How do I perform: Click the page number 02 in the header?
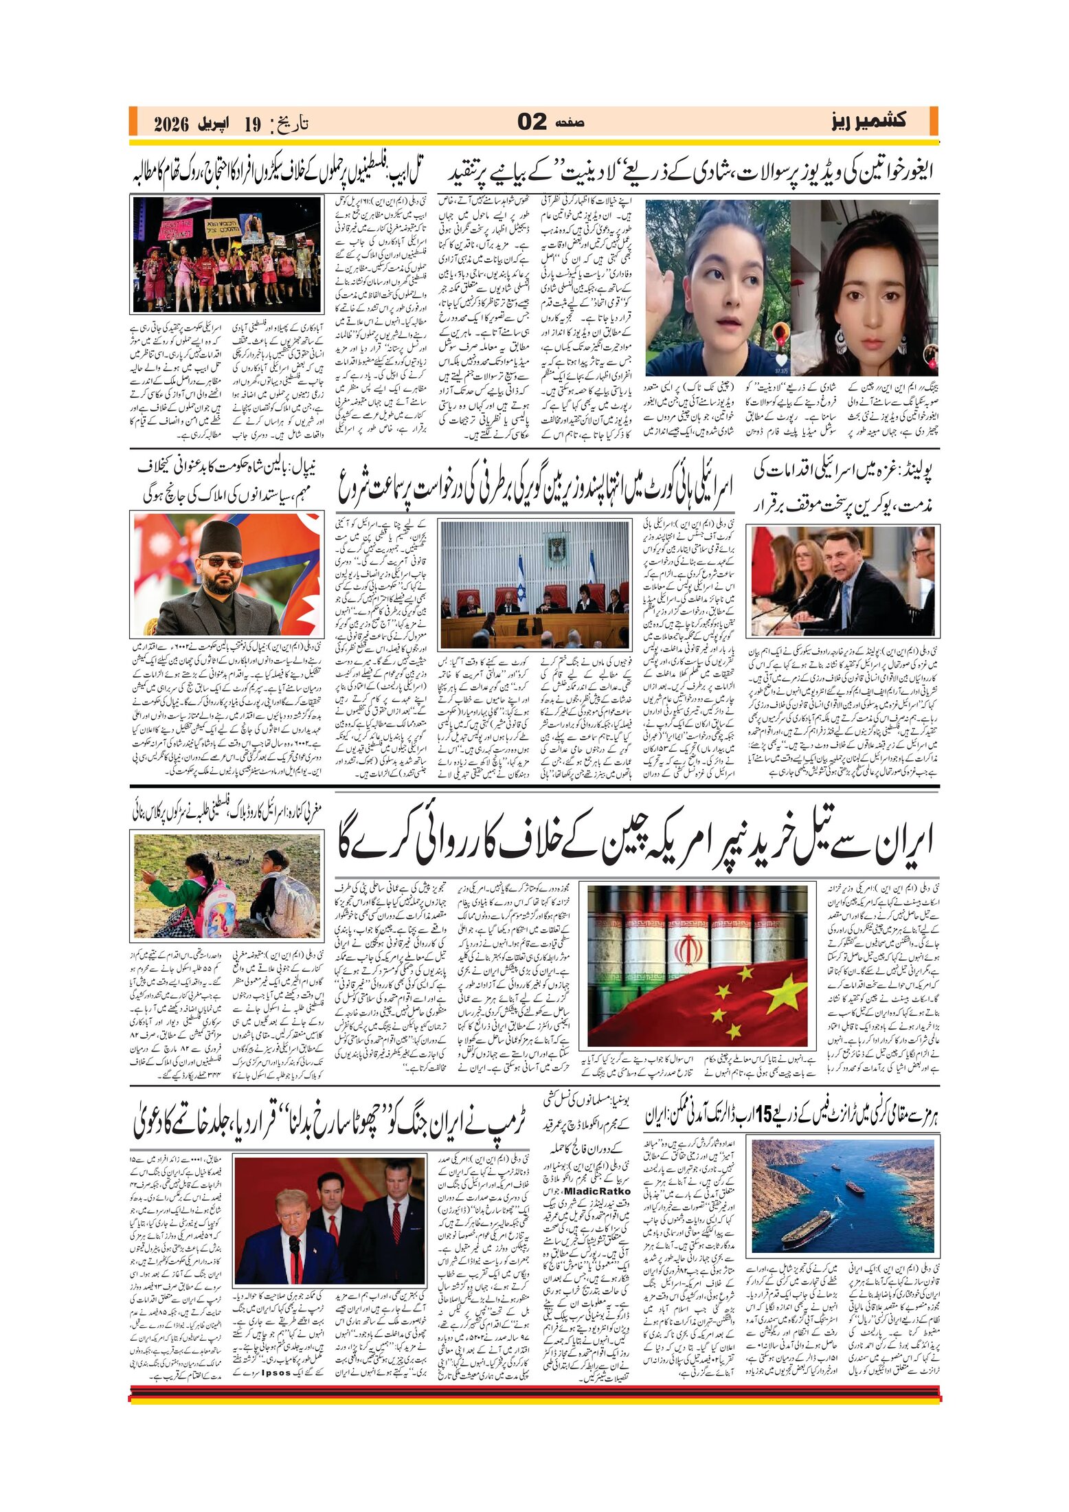[532, 122]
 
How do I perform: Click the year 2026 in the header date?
[171, 124]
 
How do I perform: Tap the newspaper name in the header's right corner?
[868, 121]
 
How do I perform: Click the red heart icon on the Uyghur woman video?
[780, 360]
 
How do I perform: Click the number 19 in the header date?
[252, 124]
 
